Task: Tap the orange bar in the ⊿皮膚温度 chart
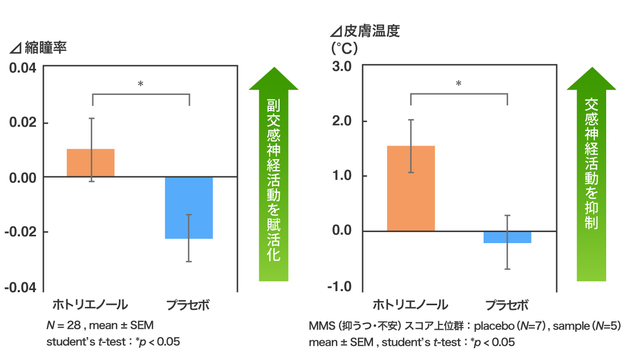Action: tap(411, 188)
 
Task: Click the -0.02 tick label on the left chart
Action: tap(19, 232)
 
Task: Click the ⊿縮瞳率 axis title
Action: tap(38, 48)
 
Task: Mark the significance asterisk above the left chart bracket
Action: tap(140, 83)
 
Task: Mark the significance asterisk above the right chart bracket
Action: tap(459, 83)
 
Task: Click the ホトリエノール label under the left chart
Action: tap(90, 305)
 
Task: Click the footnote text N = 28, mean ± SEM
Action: tap(100, 326)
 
